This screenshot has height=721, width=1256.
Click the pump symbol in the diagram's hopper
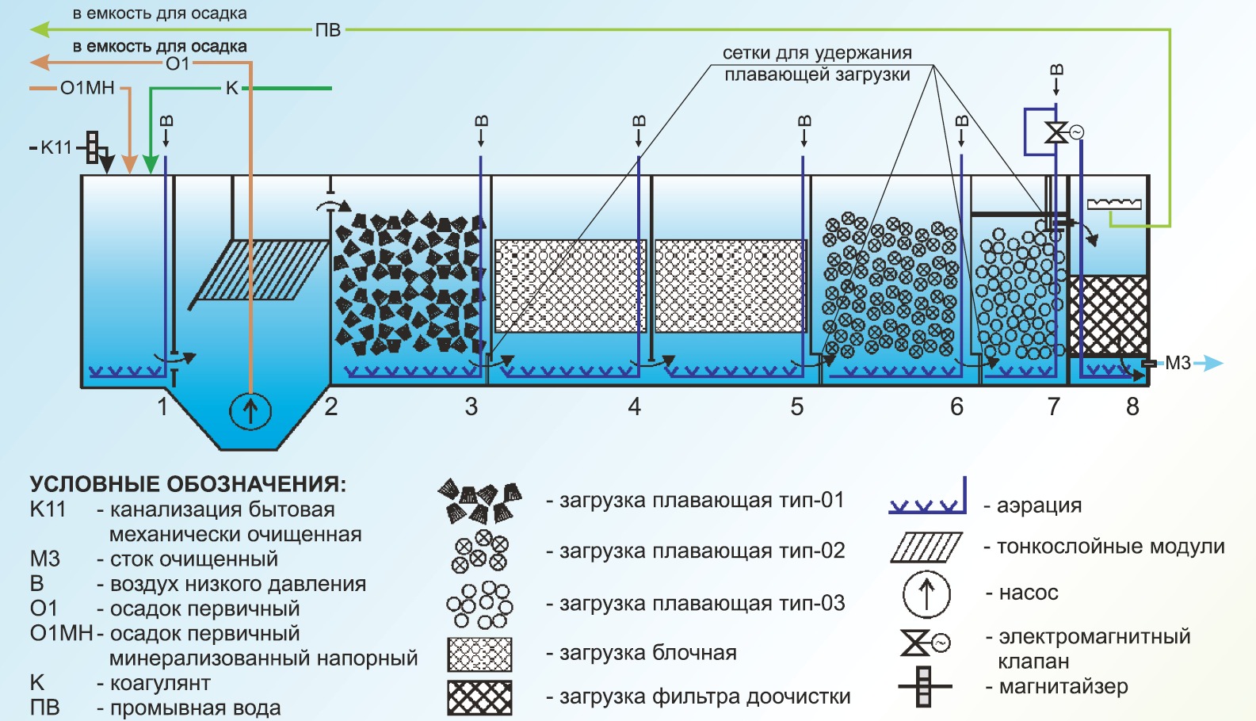coord(250,411)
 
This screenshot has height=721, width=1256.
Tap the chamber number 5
coord(797,407)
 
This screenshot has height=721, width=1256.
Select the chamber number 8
coord(1132,407)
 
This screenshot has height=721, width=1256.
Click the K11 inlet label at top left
coord(55,147)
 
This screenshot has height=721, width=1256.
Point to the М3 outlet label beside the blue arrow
coord(1178,363)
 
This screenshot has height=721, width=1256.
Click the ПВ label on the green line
coord(328,30)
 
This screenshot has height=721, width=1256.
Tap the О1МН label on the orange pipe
coord(87,88)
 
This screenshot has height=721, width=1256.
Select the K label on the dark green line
coord(231,88)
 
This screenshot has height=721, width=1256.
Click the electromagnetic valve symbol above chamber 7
coord(1057,132)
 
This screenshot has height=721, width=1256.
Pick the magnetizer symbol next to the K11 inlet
coord(94,147)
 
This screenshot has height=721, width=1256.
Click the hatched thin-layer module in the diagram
coord(262,270)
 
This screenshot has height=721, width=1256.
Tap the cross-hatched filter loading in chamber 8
coord(1109,315)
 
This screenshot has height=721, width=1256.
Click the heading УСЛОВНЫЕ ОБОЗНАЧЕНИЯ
coord(188,484)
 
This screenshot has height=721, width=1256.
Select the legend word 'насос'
coord(1028,593)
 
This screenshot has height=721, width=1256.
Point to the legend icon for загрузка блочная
coord(479,654)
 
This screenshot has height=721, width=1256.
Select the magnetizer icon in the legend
coord(923,686)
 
